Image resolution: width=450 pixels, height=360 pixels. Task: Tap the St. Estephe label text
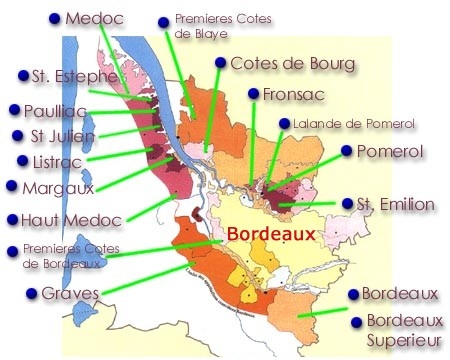point(67,75)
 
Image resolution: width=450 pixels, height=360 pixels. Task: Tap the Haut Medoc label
point(63,220)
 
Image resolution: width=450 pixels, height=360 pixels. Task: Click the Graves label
point(69,294)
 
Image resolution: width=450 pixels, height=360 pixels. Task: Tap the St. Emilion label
point(396,204)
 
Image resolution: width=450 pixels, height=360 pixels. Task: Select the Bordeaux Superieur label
point(404,331)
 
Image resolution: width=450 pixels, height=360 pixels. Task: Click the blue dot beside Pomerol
point(347,150)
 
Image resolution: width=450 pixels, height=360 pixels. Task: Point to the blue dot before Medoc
point(51,18)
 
